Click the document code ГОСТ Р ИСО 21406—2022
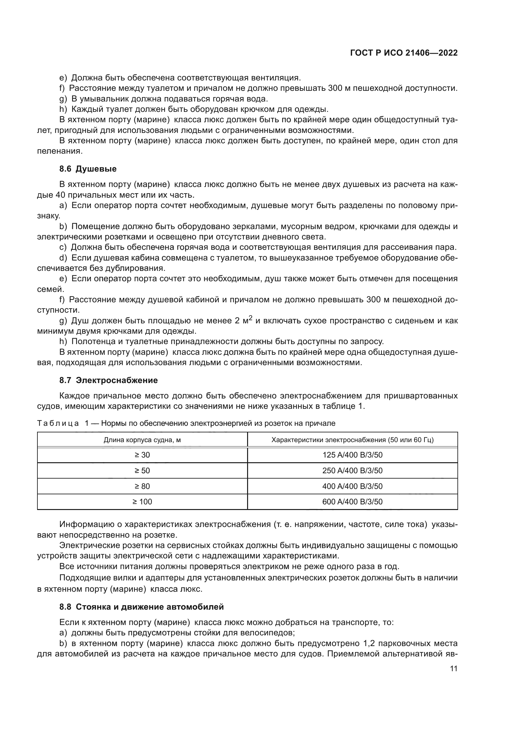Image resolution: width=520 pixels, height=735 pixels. coord(404,53)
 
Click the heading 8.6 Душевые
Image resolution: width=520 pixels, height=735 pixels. coord(88,169)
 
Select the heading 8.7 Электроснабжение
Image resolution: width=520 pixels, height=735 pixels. coord(108,380)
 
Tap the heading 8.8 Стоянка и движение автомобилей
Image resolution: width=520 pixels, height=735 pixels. coord(141,607)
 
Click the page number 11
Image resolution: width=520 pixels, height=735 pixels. coord(453,669)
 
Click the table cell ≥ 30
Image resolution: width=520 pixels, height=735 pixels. coord(142,455)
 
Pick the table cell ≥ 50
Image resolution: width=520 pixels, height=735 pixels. coord(142,471)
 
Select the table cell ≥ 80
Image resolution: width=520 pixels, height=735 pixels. coord(142,486)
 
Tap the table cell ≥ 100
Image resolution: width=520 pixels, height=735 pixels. coord(142,502)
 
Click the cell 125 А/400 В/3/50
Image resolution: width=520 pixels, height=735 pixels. coord(352,455)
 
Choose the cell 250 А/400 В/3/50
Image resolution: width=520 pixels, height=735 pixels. coord(352,471)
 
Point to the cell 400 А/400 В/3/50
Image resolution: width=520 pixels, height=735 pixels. coord(352,486)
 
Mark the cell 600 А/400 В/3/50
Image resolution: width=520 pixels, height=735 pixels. coord(352,502)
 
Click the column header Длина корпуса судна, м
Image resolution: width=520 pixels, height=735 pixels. coord(142,440)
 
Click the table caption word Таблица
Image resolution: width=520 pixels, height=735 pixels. coord(58,423)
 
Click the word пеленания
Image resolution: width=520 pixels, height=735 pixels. coord(60,151)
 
